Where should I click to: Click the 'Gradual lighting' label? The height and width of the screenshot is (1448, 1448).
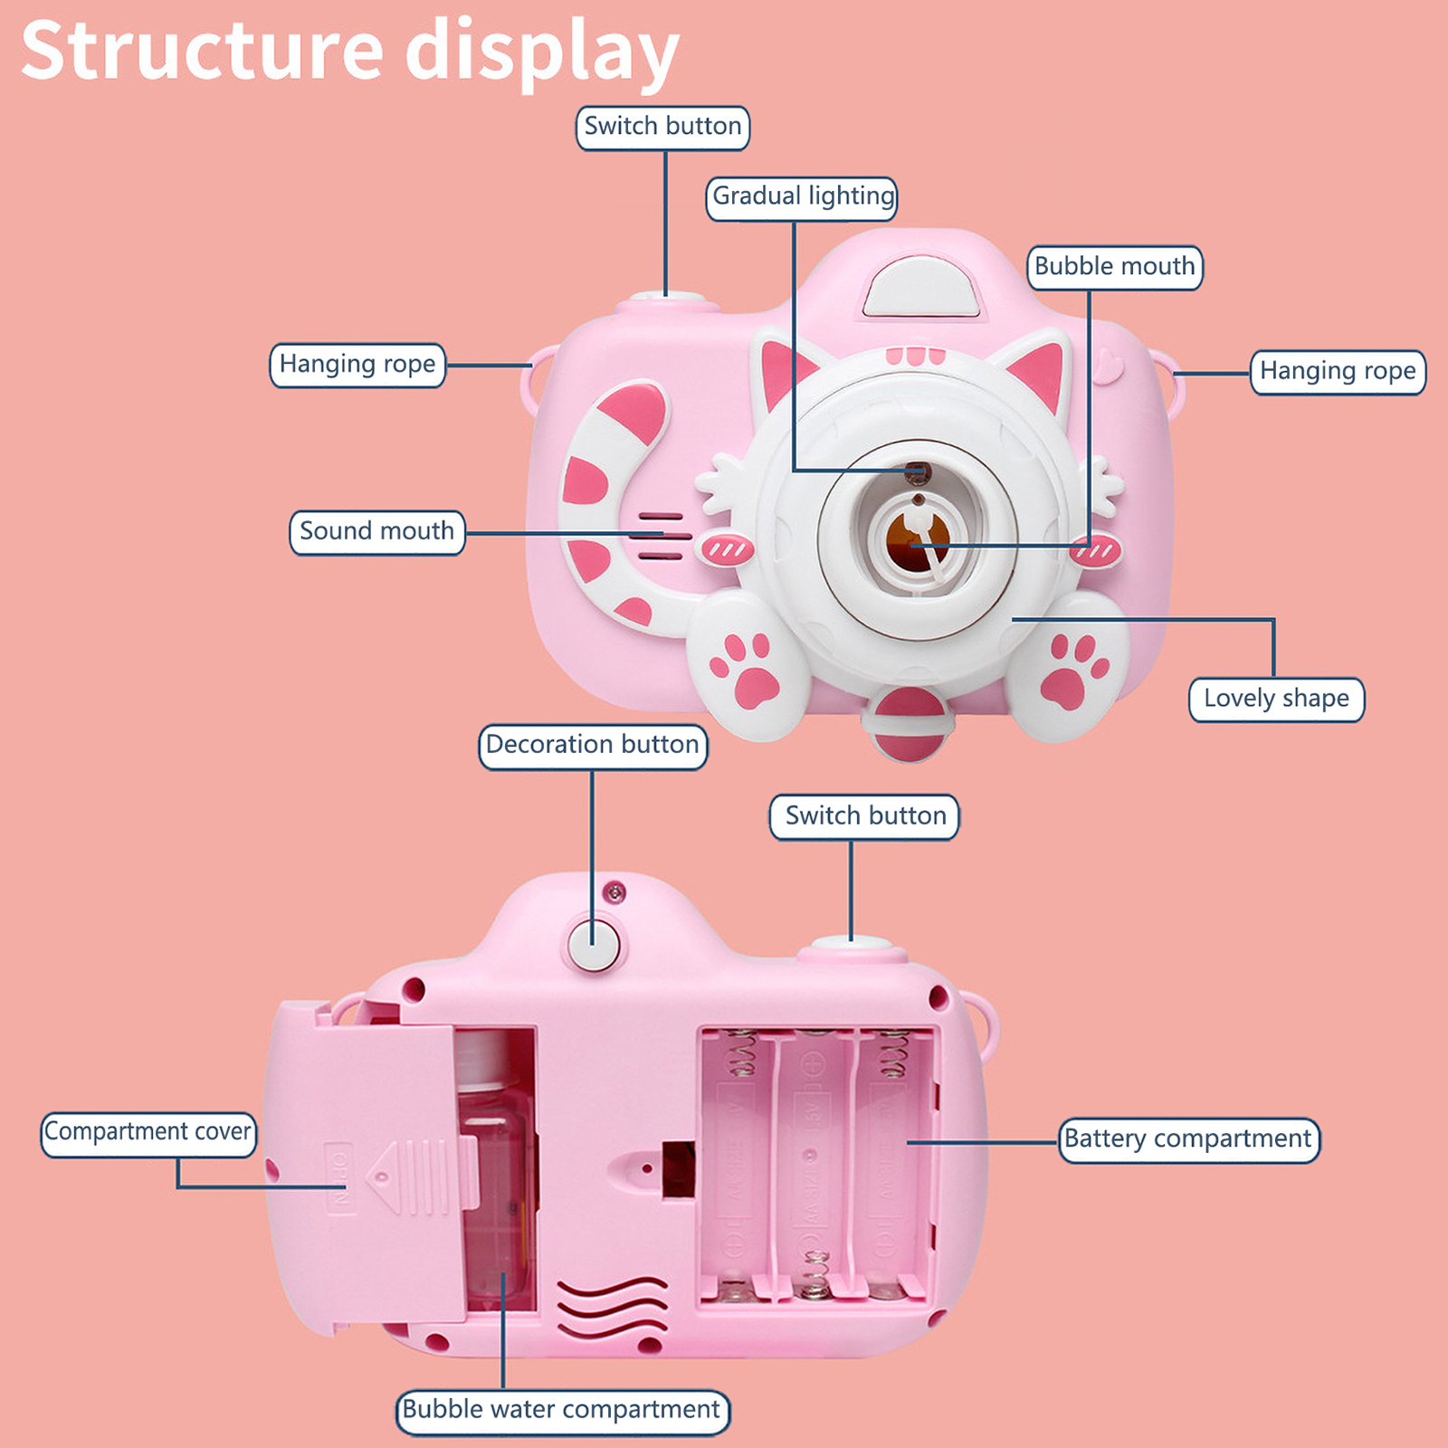[802, 196]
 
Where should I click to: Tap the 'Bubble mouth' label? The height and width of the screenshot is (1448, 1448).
[1114, 267]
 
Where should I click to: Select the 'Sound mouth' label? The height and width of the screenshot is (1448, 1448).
[376, 531]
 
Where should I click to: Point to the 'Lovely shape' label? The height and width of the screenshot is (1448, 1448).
[1276, 699]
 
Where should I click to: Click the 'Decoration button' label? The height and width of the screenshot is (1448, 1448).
[593, 746]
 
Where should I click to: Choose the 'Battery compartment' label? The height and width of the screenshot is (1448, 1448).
[1188, 1138]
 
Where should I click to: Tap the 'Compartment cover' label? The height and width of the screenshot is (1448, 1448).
[148, 1132]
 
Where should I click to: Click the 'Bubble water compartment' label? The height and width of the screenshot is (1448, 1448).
[562, 1410]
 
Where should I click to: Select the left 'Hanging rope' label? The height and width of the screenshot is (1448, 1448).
[357, 365]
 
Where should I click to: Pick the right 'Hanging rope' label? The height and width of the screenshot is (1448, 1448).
[1338, 371]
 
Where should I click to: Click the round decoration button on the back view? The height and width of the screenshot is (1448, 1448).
[594, 944]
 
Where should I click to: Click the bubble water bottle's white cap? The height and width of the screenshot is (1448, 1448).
[489, 1059]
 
